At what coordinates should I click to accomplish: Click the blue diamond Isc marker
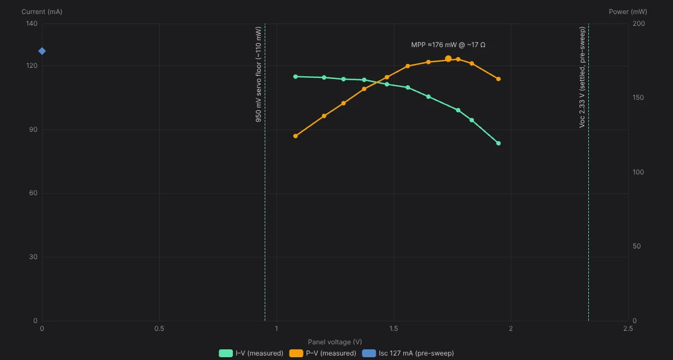pyautogui.click(x=42, y=51)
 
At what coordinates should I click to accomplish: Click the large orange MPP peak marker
pyautogui.click(x=448, y=58)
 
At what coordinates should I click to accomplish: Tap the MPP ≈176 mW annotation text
pyautogui.click(x=448, y=45)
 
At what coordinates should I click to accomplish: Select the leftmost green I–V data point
pyautogui.click(x=296, y=77)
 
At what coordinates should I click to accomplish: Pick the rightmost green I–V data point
pyautogui.click(x=499, y=144)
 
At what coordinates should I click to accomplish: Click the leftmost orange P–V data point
pyautogui.click(x=296, y=136)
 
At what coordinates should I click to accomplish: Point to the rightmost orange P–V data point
pyautogui.click(x=499, y=79)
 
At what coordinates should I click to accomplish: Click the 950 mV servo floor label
pyautogui.click(x=259, y=74)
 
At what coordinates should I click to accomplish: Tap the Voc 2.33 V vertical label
pyautogui.click(x=582, y=77)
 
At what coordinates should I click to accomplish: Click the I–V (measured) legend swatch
pyautogui.click(x=225, y=353)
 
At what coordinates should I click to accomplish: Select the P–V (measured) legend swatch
pyautogui.click(x=296, y=353)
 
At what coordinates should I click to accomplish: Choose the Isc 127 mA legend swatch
pyautogui.click(x=369, y=353)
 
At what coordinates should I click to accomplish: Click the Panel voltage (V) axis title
pyautogui.click(x=335, y=342)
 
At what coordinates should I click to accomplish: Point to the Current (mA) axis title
pyautogui.click(x=42, y=12)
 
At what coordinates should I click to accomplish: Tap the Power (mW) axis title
pyautogui.click(x=628, y=12)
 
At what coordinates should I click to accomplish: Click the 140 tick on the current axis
pyautogui.click(x=32, y=24)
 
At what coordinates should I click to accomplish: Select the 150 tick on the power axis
pyautogui.click(x=638, y=98)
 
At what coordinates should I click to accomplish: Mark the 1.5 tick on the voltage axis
pyautogui.click(x=394, y=329)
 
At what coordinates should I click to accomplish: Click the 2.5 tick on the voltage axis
pyautogui.click(x=628, y=329)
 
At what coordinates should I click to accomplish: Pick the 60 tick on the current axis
pyautogui.click(x=33, y=193)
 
